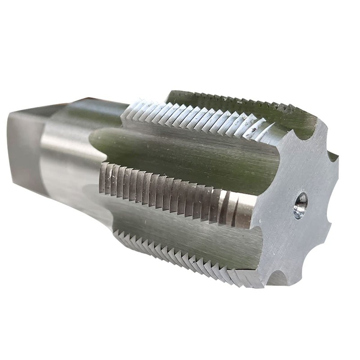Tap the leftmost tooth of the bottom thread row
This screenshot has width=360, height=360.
118,234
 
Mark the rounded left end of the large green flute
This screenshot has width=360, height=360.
97,137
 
